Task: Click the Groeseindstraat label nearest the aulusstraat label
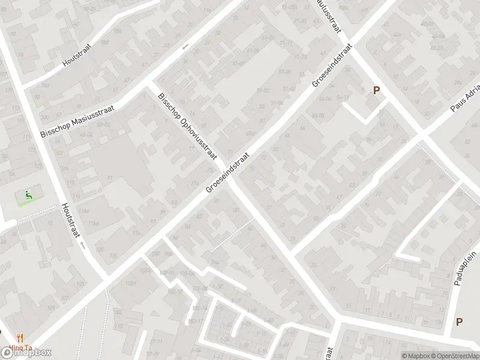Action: pos(332,65)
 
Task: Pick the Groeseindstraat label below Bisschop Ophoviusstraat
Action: pos(227,171)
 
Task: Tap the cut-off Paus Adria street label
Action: pos(465,103)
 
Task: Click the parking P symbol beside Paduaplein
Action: pos(459,322)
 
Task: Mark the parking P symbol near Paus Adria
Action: pos(376,91)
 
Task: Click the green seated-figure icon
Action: pos(28,194)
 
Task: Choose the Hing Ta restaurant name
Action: pos(20,348)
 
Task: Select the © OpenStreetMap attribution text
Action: pos(457,356)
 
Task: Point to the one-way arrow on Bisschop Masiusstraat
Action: pos(185,46)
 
